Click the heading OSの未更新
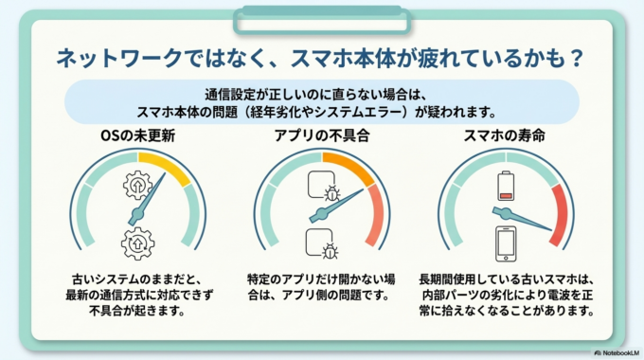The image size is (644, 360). pyautogui.click(x=139, y=135)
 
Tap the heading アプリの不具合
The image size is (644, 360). pyautogui.click(x=321, y=135)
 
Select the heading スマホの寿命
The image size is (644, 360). pyautogui.click(x=504, y=135)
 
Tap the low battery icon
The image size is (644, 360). pyautogui.click(x=505, y=183)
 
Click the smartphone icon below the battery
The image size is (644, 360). pyautogui.click(x=505, y=243)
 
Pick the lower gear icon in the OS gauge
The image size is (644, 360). pyautogui.click(x=138, y=243)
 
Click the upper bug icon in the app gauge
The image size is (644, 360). pyautogui.click(x=331, y=195)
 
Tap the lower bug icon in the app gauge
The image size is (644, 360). pyautogui.click(x=331, y=251)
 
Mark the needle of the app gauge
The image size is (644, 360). pyautogui.click(x=339, y=204)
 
